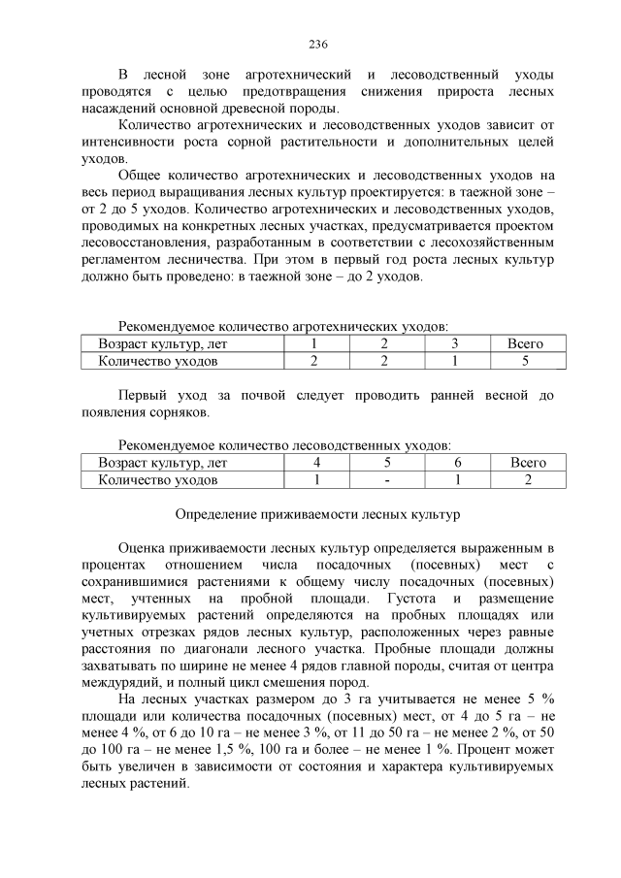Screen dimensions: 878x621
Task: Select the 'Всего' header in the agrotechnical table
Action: click(x=525, y=344)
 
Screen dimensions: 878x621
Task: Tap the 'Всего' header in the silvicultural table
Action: click(x=528, y=463)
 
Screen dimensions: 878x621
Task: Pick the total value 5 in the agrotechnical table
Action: click(x=525, y=361)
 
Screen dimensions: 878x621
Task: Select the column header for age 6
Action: click(x=457, y=463)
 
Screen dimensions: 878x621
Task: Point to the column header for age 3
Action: click(x=454, y=344)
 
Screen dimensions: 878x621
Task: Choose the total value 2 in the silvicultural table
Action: click(x=528, y=479)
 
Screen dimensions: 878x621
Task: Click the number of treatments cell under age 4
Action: click(x=316, y=479)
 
